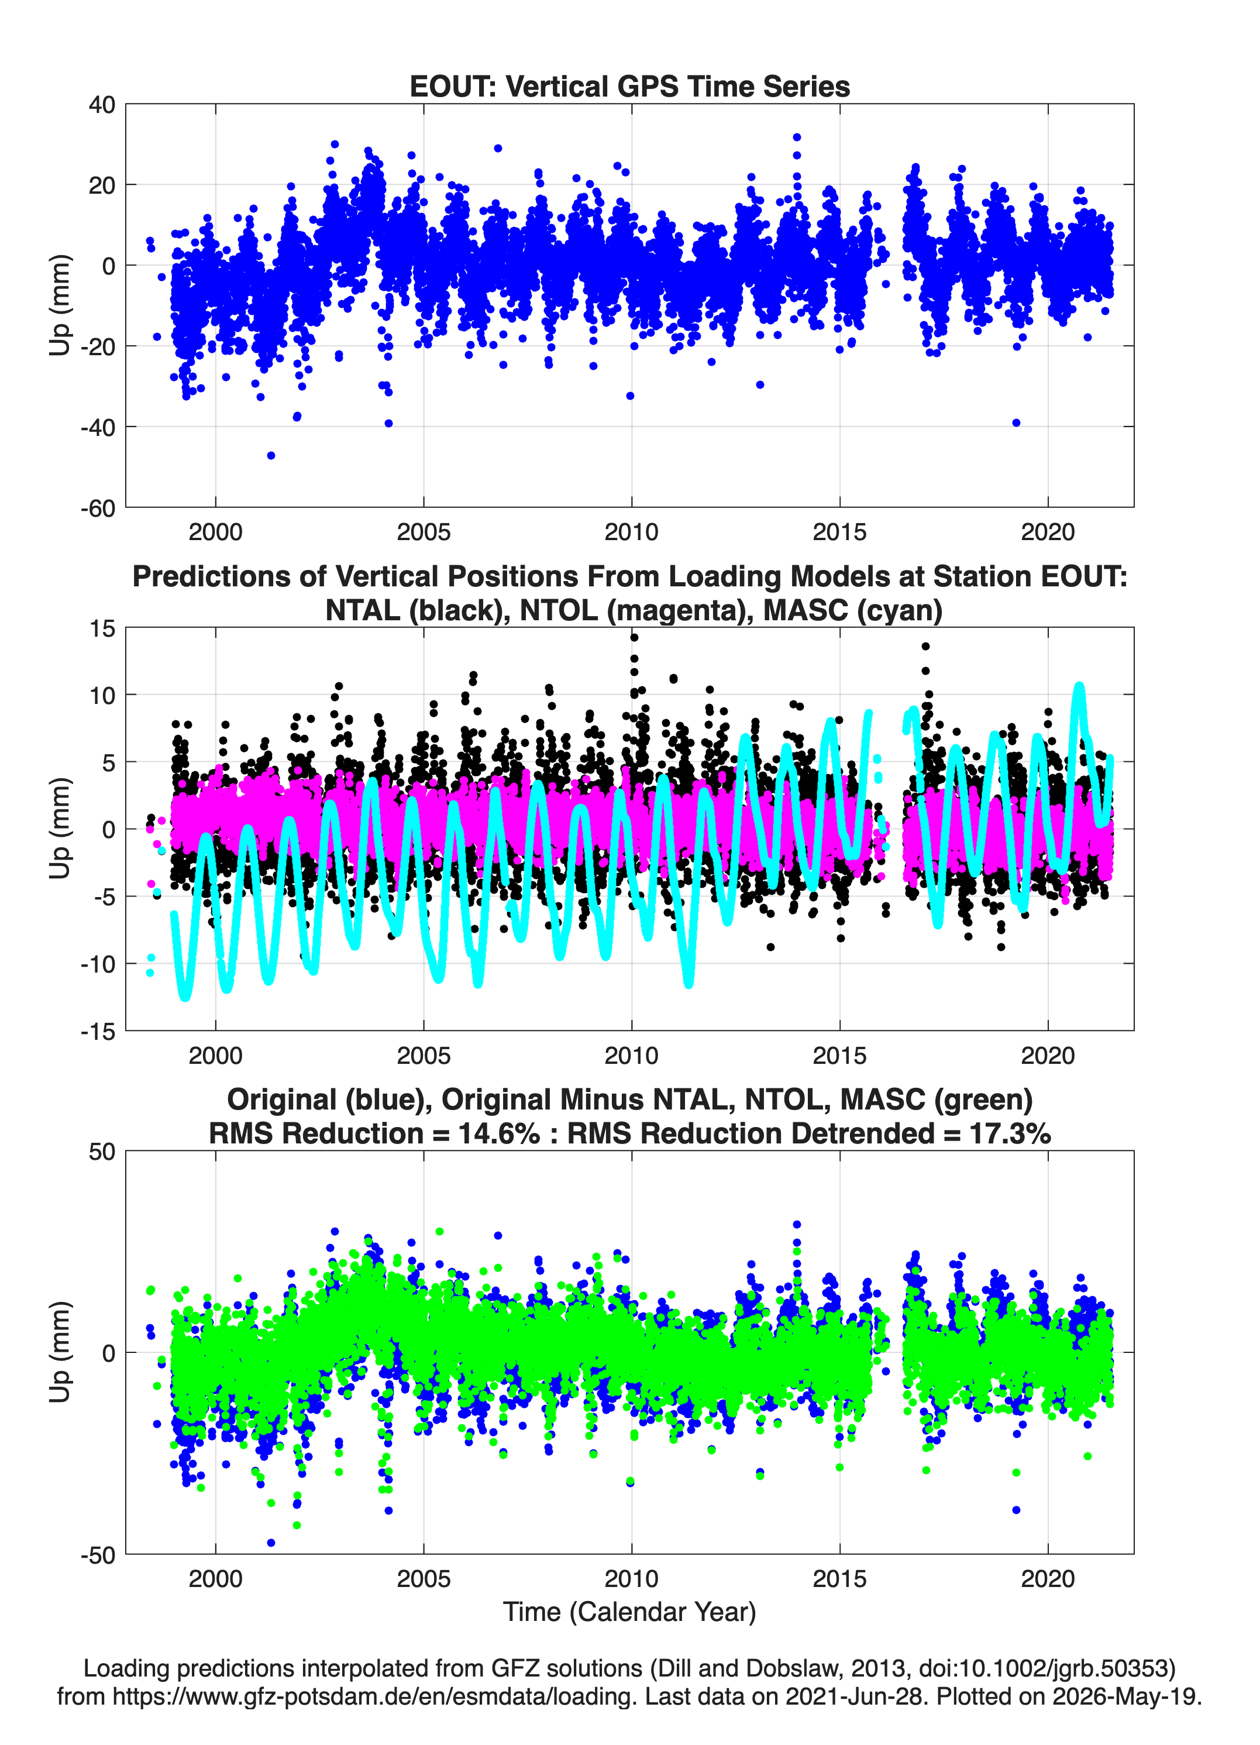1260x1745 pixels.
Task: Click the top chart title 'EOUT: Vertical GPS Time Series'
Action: click(x=629, y=86)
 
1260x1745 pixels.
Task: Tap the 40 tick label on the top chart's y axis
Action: click(x=102, y=105)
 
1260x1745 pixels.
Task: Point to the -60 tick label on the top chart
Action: click(x=98, y=509)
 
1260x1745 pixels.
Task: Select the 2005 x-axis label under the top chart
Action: click(x=423, y=532)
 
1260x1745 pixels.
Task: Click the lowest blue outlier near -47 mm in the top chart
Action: click(x=271, y=455)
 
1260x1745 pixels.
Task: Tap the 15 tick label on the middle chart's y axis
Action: click(x=102, y=628)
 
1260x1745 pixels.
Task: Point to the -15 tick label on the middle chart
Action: click(x=98, y=1032)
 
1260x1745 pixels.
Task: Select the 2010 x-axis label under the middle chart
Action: click(x=632, y=1055)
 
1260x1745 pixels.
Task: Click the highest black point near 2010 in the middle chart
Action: click(x=635, y=637)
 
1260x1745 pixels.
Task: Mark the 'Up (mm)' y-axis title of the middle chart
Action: click(x=60, y=829)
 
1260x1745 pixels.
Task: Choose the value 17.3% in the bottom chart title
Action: click(x=1010, y=1133)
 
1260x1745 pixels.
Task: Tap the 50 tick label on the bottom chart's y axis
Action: click(x=102, y=1152)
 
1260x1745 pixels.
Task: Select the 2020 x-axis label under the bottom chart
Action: click(x=1048, y=1578)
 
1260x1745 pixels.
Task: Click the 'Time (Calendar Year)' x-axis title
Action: click(x=630, y=1611)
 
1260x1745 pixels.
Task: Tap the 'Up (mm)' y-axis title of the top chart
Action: click(x=60, y=305)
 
